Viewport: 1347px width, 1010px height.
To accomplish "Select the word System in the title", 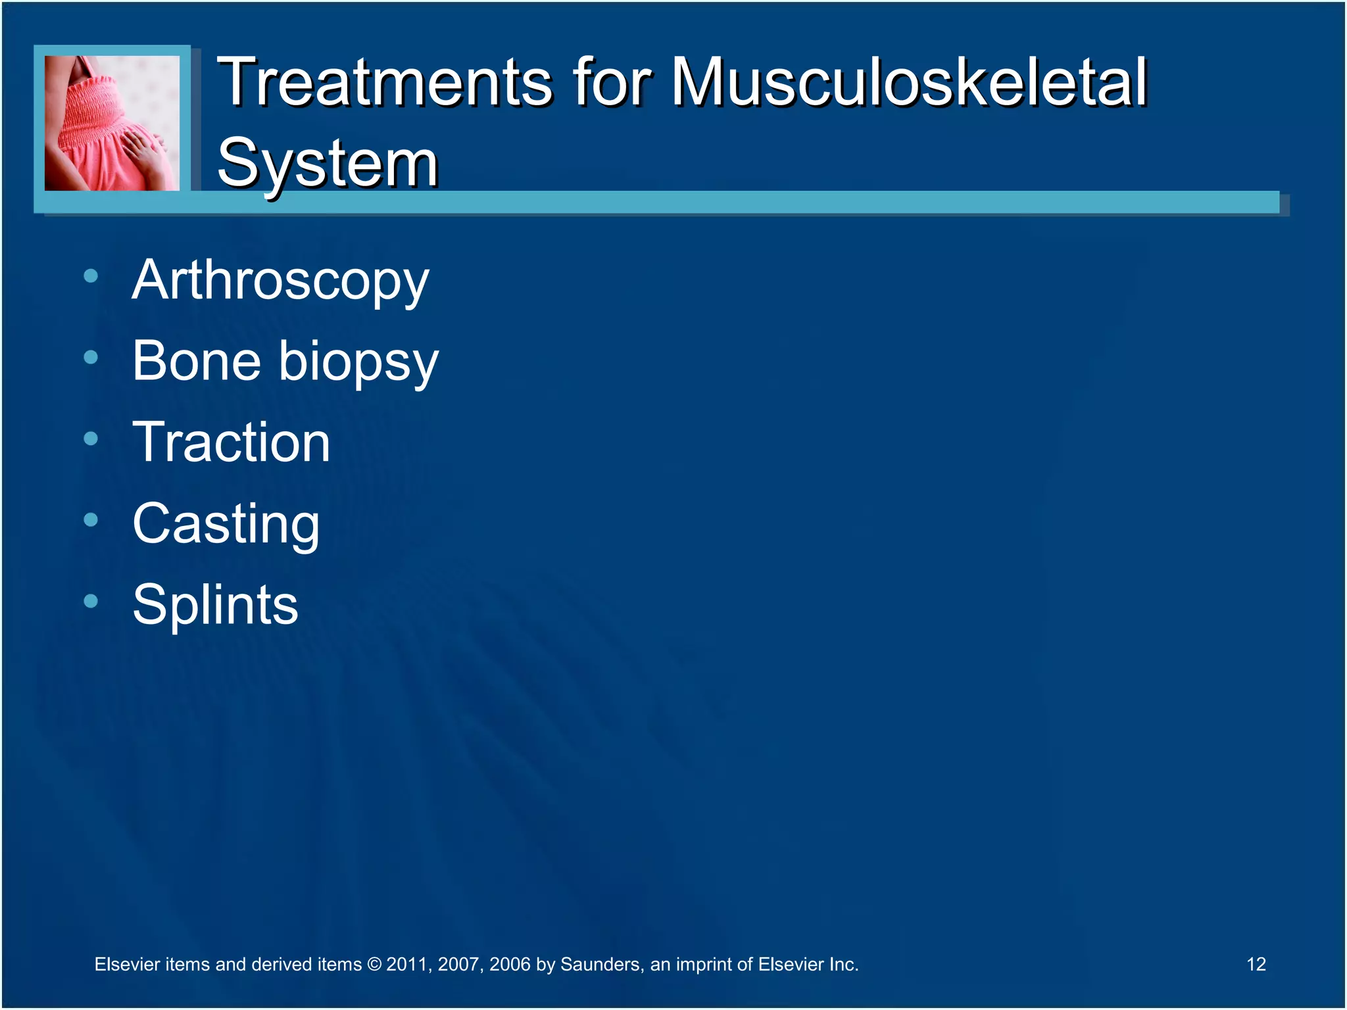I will tap(327, 163).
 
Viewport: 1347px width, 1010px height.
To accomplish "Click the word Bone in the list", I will tap(196, 361).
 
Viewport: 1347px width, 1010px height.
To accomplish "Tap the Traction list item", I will tap(231, 443).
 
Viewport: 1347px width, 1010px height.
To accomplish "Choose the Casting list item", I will tap(226, 525).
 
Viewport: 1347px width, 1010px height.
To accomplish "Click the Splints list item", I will tap(215, 605).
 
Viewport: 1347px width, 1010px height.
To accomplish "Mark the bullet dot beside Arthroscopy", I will tap(91, 276).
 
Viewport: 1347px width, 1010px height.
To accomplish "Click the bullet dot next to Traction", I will tap(91, 439).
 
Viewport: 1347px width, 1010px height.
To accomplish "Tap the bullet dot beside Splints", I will tap(91, 601).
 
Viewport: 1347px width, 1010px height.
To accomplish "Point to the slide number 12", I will tap(1256, 964).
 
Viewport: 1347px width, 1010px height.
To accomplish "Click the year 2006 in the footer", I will tap(510, 965).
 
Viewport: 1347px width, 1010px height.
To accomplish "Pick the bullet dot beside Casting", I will tap(91, 520).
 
